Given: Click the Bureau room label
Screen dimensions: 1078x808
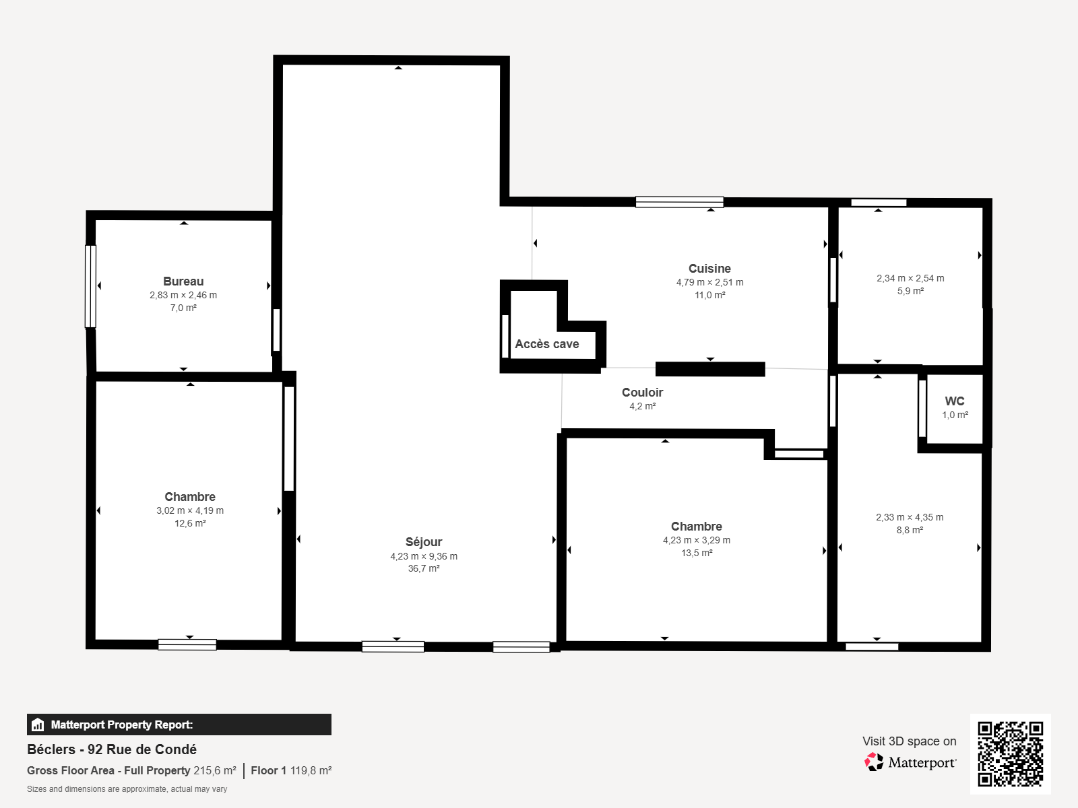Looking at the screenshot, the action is (x=183, y=281).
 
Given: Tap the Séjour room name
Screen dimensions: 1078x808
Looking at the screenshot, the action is (x=424, y=541).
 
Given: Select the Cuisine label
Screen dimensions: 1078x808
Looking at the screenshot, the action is (x=709, y=269).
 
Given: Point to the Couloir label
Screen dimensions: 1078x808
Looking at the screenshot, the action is (x=642, y=392).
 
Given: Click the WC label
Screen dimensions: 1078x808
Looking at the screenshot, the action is (x=955, y=401).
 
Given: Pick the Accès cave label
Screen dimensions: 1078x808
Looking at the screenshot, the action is (x=546, y=344).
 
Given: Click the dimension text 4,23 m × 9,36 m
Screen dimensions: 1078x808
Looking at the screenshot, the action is (x=424, y=556).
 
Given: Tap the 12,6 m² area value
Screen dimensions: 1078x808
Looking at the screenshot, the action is (x=190, y=523).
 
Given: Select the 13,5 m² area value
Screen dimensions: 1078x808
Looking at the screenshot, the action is (x=697, y=552).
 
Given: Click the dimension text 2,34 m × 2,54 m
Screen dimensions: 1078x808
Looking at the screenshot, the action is (x=910, y=278).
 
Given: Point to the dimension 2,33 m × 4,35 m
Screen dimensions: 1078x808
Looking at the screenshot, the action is (x=910, y=517).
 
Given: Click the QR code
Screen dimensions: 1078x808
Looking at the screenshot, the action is (x=1010, y=754).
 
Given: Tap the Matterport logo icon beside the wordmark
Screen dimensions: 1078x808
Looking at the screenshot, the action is (x=874, y=762).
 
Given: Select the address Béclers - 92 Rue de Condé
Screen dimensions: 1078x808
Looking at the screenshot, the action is (x=112, y=749).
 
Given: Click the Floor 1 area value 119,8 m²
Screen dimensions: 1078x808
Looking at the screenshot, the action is (x=311, y=770).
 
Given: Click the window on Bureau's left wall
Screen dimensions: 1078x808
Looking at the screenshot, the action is (x=90, y=286).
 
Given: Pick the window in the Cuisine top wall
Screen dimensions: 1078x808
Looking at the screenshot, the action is (x=679, y=201).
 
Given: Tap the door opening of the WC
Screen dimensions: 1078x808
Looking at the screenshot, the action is (x=922, y=408).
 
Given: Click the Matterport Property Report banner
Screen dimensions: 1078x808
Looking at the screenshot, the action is (x=179, y=724).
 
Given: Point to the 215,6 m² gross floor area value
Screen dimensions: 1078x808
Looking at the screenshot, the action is (x=215, y=770).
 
